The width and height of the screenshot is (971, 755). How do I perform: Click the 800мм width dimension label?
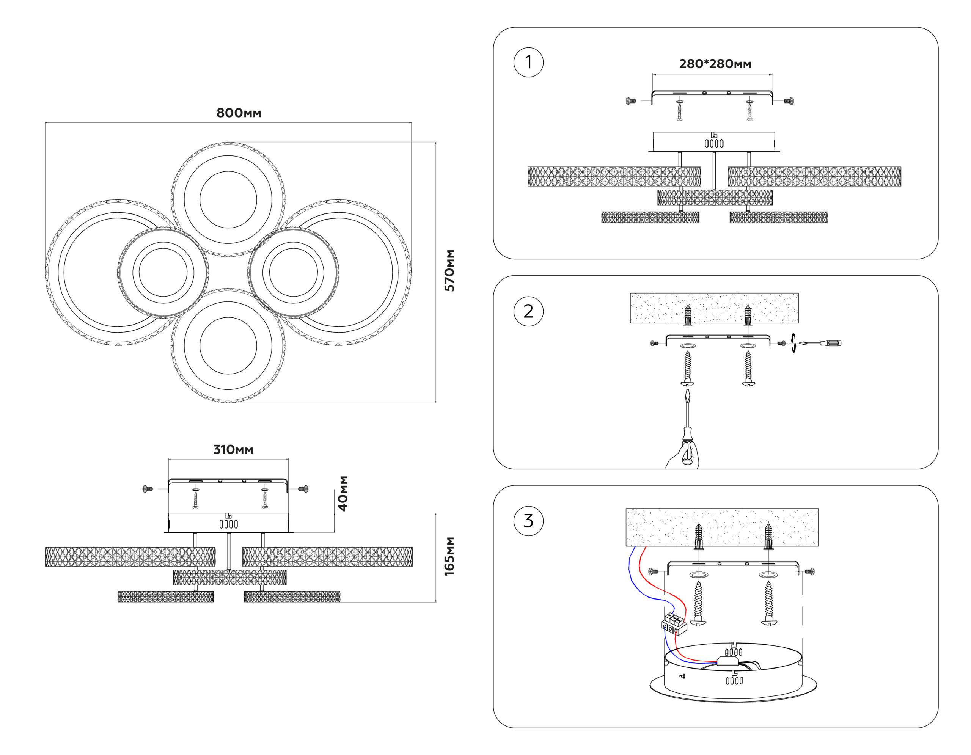point(239,113)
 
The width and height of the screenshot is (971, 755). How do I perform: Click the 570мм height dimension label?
point(449,271)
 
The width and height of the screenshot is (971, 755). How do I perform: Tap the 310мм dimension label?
point(233,450)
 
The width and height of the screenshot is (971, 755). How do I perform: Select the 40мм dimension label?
point(343,493)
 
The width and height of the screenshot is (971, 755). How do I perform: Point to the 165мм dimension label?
point(449,556)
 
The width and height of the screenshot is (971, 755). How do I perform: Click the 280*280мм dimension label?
point(715,64)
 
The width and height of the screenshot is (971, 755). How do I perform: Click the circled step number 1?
point(528,62)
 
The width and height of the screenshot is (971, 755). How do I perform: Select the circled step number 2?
point(528,311)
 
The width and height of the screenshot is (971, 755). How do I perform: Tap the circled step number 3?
point(528,521)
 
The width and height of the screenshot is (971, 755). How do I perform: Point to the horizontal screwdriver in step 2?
point(820,343)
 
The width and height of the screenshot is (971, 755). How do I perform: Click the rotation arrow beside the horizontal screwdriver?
point(793,343)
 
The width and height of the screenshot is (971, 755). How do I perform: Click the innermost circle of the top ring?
point(228,199)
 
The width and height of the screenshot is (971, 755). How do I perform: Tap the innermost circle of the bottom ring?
point(228,345)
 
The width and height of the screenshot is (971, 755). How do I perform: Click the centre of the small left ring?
point(163,272)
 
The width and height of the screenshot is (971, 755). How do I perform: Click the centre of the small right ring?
point(294,272)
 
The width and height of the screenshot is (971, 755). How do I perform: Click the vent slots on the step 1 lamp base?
point(714,143)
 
